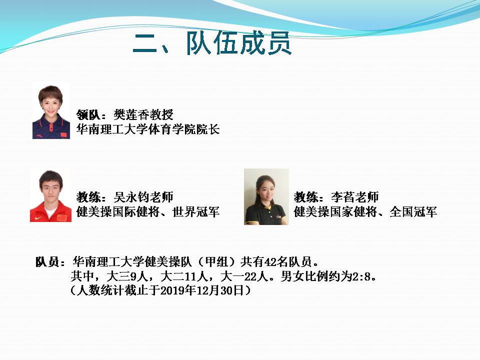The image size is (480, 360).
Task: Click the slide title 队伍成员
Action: point(239,43)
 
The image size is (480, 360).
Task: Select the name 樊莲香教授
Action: point(143,115)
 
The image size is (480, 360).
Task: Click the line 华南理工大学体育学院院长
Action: point(148,129)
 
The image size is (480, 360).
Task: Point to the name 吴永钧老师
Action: point(143,197)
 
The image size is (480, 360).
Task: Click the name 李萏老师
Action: point(355,197)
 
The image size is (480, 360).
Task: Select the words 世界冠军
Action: point(196,212)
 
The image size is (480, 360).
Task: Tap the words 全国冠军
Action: point(413,212)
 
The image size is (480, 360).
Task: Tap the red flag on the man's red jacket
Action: point(61,218)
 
